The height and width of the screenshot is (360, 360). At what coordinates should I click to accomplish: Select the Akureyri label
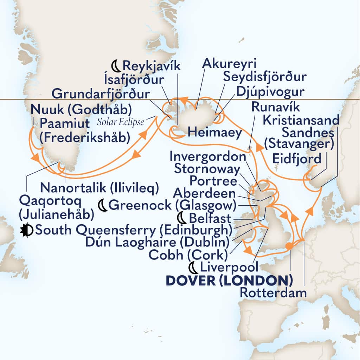point(230,64)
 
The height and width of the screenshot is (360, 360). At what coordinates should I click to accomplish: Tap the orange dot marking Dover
point(289,246)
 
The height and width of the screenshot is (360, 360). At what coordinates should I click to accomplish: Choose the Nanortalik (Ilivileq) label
point(99,188)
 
